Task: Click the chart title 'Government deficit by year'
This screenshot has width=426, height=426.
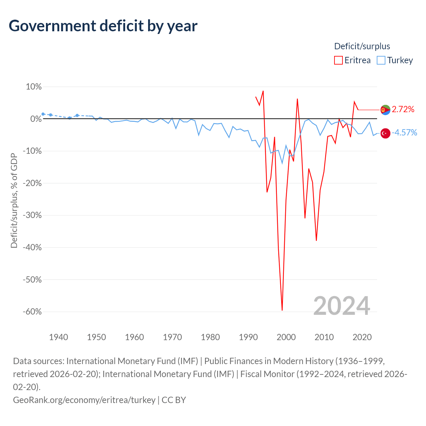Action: [x=103, y=26]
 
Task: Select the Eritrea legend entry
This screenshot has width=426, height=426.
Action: [x=352, y=60]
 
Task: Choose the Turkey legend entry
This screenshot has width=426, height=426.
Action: [x=395, y=60]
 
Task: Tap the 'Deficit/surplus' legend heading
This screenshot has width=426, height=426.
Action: [x=362, y=46]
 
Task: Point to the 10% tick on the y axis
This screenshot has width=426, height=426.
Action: [x=34, y=87]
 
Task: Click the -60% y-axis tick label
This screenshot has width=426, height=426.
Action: [x=32, y=312]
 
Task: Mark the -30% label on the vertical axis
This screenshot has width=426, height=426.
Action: [x=32, y=215]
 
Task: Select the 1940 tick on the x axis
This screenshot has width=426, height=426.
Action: [x=59, y=337]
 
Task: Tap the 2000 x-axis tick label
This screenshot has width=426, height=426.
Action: [x=286, y=337]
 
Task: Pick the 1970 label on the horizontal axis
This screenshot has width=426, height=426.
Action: [x=172, y=337]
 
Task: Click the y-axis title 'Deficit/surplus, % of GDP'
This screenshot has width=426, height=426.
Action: [x=14, y=200]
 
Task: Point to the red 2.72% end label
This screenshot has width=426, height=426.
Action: [x=403, y=109]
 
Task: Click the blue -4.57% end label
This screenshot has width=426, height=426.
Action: [x=404, y=133]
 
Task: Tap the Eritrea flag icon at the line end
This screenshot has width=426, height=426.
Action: [x=385, y=109]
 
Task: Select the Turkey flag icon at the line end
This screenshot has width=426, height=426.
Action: [x=385, y=133]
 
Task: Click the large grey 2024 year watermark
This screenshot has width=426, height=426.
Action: [x=341, y=306]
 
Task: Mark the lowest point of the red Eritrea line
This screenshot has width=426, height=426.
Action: [x=282, y=310]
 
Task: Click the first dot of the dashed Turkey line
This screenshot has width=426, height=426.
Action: [x=43, y=114]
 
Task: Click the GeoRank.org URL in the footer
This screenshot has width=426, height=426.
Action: [x=84, y=400]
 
